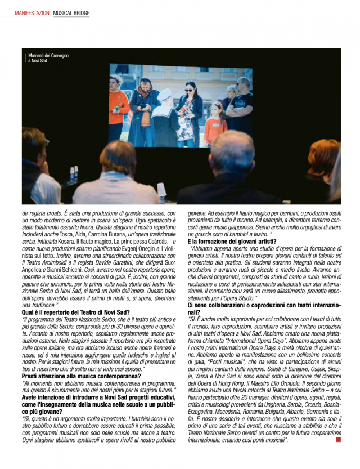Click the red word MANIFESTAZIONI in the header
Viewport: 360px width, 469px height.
coord(33,12)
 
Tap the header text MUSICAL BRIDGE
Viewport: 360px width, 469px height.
coord(71,12)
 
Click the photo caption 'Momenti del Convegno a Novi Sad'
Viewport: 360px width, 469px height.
coord(48,58)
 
